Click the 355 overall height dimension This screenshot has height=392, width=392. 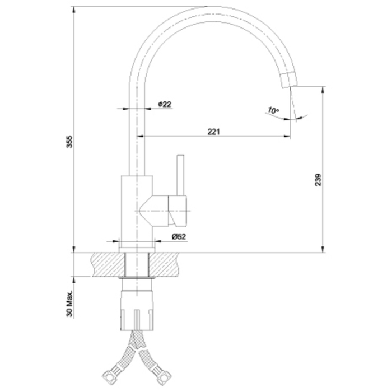[x=69, y=142]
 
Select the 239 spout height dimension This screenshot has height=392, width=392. [x=318, y=180]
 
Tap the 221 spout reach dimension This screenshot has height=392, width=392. [x=214, y=132]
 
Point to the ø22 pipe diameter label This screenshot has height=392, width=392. [x=165, y=104]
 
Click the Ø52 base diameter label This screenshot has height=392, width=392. [x=179, y=236]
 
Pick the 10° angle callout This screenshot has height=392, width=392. [x=273, y=110]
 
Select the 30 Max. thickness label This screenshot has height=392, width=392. [x=69, y=304]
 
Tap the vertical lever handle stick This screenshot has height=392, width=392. [x=180, y=175]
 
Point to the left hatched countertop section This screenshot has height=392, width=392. [x=109, y=264]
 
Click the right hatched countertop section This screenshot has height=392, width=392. [x=165, y=264]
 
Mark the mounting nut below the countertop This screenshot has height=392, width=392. [x=137, y=310]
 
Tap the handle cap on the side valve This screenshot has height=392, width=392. [x=178, y=211]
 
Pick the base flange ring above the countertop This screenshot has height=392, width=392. [x=137, y=250]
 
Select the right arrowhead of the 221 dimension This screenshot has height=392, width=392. [x=287, y=136]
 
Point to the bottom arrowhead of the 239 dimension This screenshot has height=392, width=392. [x=323, y=249]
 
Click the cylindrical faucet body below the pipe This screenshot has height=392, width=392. [x=137, y=212]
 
